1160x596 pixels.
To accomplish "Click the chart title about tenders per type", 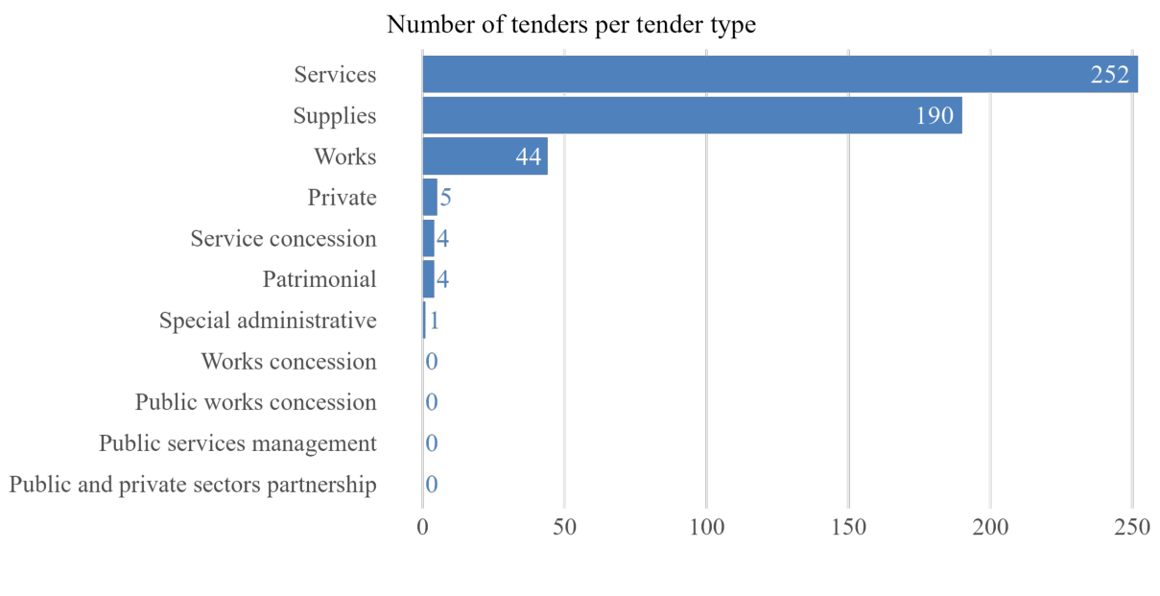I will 571,25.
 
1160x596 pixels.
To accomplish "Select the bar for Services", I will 779,75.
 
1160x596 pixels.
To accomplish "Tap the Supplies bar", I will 691,115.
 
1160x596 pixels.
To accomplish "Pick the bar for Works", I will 485,156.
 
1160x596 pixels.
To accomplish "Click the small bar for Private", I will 430,198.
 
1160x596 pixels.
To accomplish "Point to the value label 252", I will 1109,75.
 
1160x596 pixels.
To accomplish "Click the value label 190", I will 934,116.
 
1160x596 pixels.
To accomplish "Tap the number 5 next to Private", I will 445,198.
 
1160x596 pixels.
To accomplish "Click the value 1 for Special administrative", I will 434,321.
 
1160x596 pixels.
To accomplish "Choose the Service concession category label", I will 283,238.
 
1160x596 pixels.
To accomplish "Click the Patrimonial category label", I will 320,279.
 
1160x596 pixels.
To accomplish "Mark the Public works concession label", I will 255,402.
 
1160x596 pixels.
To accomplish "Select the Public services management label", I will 237,443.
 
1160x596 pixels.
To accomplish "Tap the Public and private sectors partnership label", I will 193,485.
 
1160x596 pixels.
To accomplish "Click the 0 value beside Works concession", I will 432,362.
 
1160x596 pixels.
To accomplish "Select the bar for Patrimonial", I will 429,279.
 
